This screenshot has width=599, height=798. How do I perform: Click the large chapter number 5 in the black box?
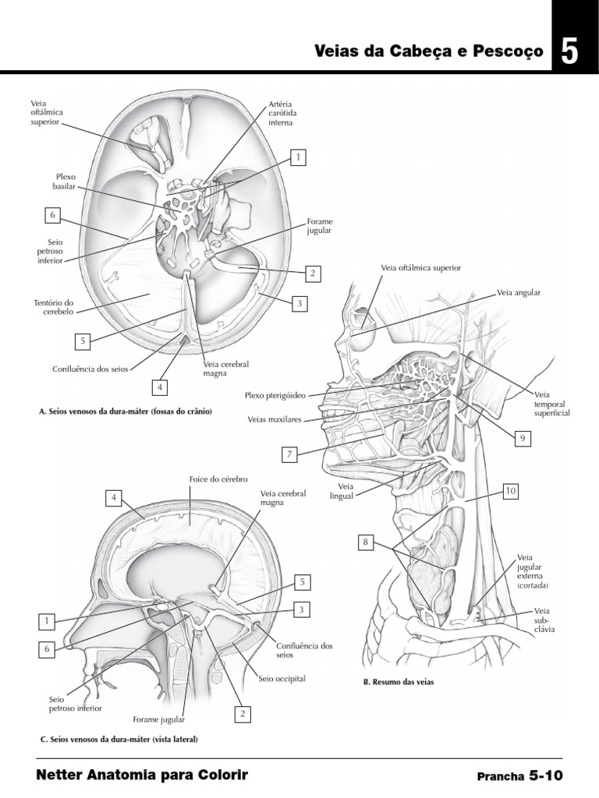coord(569,51)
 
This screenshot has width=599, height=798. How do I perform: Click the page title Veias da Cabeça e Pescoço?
coord(427,51)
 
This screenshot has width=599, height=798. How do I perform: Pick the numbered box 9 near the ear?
coord(520,440)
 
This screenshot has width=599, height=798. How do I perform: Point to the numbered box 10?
coord(510,491)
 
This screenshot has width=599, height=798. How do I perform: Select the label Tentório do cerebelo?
coord(52,307)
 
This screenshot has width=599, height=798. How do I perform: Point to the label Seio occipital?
coord(282,679)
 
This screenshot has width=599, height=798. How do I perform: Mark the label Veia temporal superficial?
coord(552,404)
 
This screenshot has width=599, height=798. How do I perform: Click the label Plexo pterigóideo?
coord(276,394)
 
